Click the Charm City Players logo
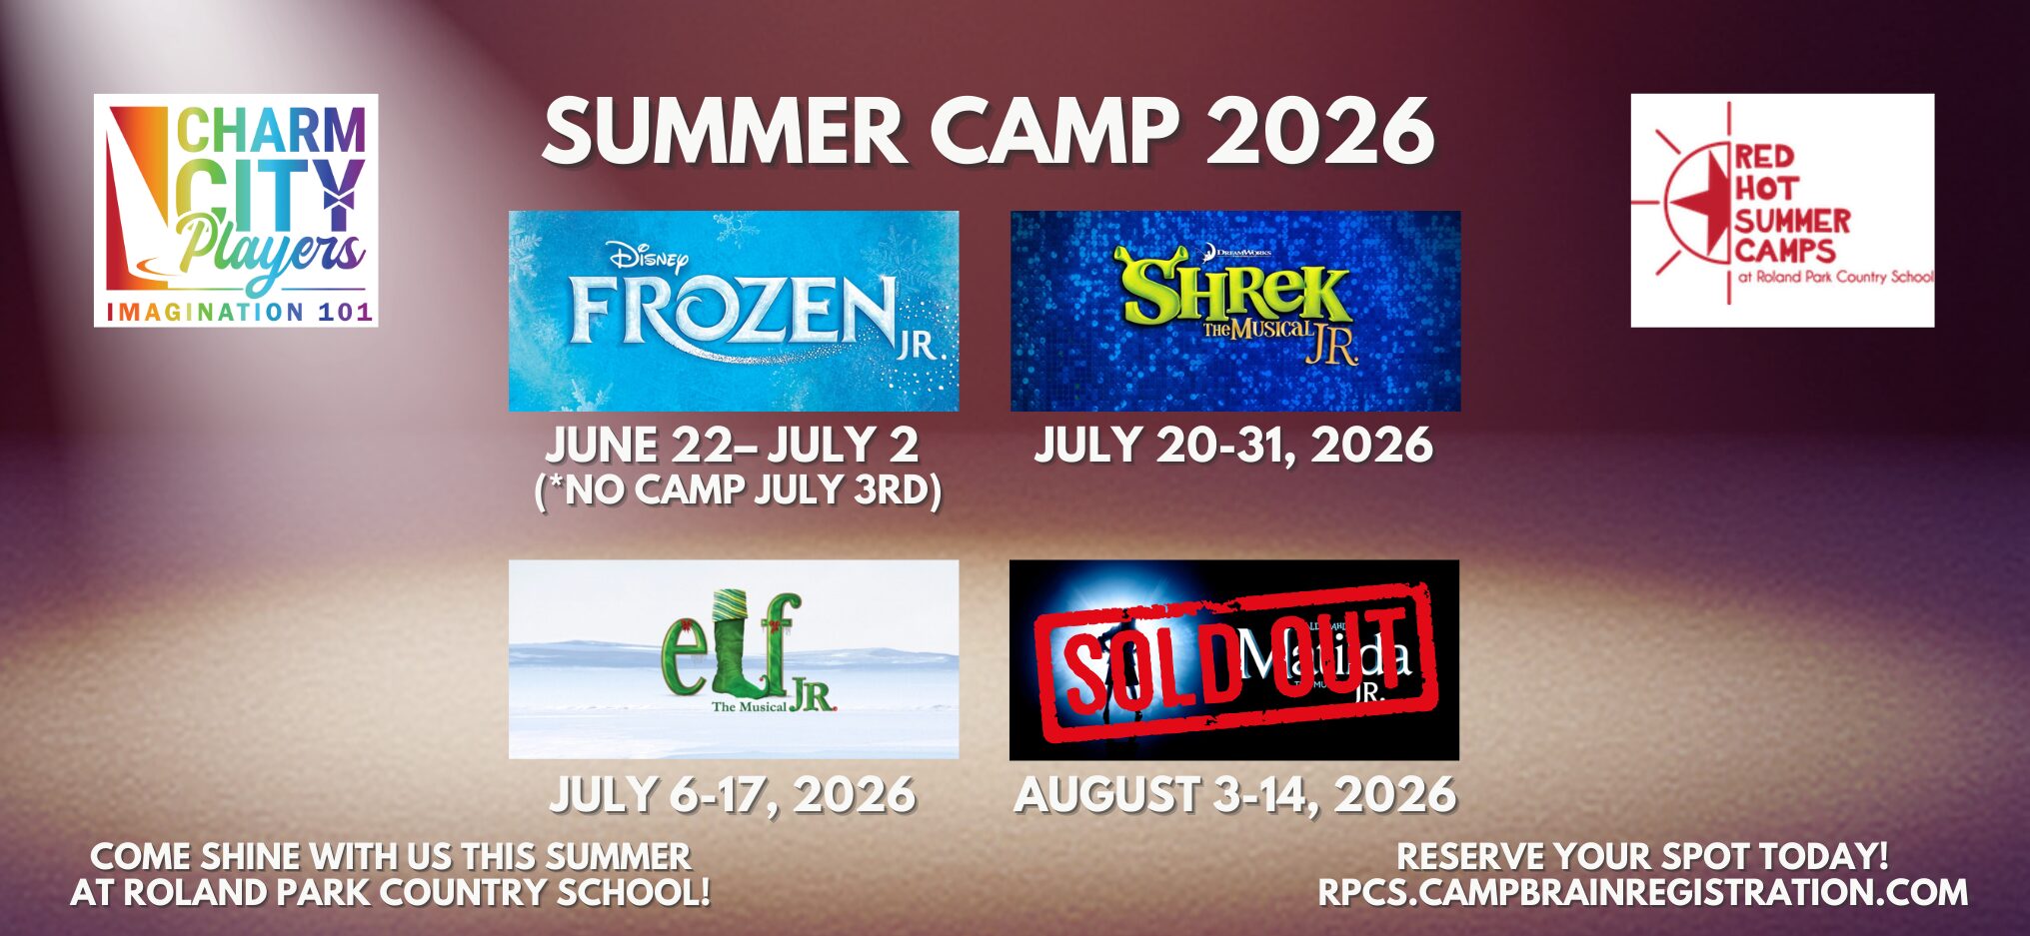click(x=236, y=210)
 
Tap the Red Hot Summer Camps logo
click(x=1782, y=210)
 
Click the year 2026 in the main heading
click(x=1320, y=131)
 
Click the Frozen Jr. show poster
click(x=733, y=311)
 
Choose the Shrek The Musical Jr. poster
click(x=1235, y=311)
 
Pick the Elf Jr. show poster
click(x=733, y=659)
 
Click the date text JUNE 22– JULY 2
click(x=733, y=446)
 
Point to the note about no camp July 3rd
click(x=738, y=490)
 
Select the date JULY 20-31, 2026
click(x=1233, y=446)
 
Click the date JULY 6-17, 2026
click(x=733, y=795)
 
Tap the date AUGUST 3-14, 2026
click(x=1235, y=795)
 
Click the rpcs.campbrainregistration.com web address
click(x=1642, y=893)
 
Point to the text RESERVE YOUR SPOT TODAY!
click(x=1642, y=856)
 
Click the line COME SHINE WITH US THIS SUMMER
click(x=391, y=856)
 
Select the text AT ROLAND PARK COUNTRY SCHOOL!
click(x=391, y=893)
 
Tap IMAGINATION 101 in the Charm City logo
click(x=240, y=312)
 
